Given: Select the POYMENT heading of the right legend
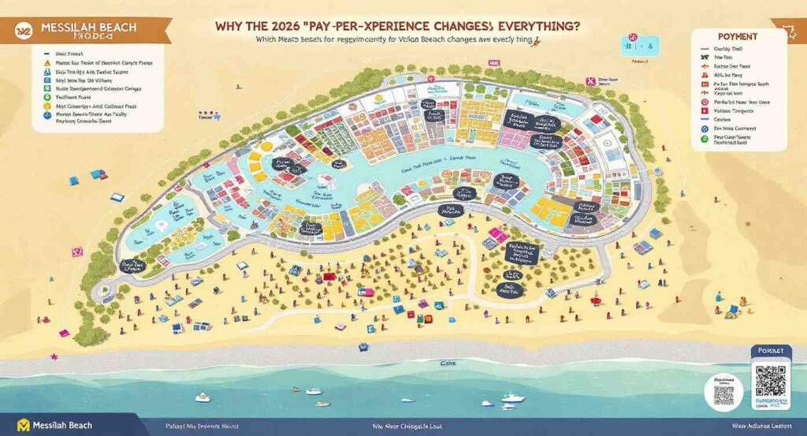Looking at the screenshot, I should click(738, 37).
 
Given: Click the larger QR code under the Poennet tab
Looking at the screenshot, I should click(770, 382).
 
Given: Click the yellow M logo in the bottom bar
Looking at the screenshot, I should click(23, 426).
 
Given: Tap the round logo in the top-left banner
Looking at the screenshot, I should click(23, 30).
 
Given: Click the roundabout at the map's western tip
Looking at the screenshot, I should click(102, 293).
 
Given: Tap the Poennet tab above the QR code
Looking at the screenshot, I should click(767, 352).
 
